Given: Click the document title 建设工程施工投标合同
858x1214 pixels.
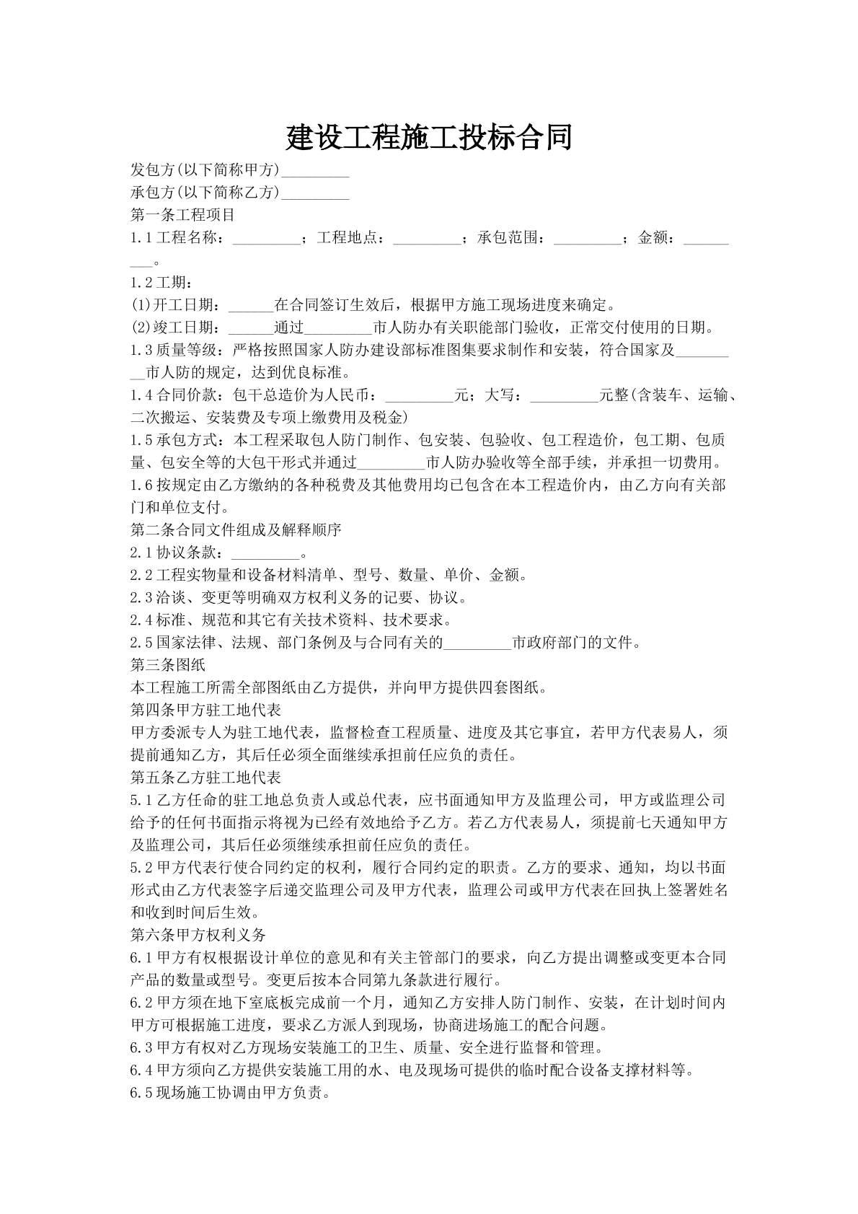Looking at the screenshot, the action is [429, 137].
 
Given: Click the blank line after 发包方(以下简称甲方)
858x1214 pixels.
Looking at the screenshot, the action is [315, 172].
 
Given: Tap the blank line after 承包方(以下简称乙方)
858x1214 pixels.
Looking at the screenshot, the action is [315, 194].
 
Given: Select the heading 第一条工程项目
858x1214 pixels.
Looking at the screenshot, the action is [182, 215].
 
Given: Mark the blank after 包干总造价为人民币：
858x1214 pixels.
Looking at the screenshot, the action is [420, 397].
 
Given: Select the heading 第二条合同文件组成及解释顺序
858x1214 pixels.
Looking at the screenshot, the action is [236, 530].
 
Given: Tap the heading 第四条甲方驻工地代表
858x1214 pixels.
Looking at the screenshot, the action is [205, 710].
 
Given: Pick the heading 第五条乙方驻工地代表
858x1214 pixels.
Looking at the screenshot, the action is [205, 778].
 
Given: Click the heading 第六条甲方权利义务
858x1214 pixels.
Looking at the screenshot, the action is [198, 935].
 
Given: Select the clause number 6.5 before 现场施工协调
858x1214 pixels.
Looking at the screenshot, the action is [141, 1093].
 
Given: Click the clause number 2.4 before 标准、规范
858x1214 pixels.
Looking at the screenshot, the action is [141, 620].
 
